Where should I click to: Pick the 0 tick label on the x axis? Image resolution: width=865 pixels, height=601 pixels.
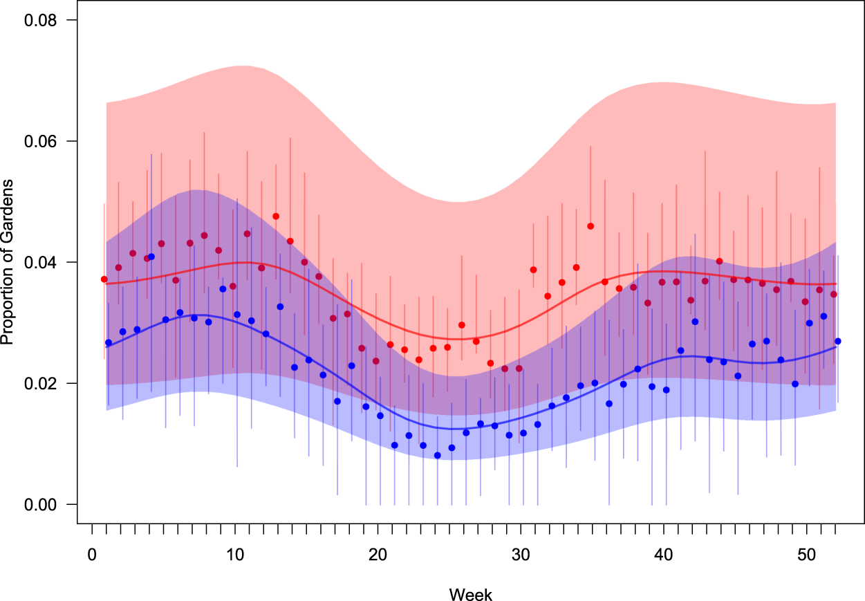pyautogui.click(x=92, y=554)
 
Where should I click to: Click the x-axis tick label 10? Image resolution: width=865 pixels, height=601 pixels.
pyautogui.click(x=235, y=554)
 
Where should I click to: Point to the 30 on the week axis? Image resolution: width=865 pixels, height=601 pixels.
pyautogui.click(x=521, y=554)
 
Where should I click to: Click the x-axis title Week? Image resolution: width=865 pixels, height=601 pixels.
pyautogui.click(x=470, y=594)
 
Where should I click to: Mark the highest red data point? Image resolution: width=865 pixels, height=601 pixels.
pyautogui.click(x=276, y=216)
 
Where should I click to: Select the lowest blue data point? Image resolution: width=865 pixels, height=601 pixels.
pyautogui.click(x=437, y=455)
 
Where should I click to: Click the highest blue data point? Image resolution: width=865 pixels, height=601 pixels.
pyautogui.click(x=151, y=257)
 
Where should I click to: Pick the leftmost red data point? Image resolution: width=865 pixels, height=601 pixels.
pyautogui.click(x=104, y=279)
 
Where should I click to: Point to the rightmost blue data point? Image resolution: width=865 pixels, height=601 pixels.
pyautogui.click(x=838, y=341)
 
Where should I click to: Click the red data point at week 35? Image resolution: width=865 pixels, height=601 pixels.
pyautogui.click(x=590, y=226)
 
